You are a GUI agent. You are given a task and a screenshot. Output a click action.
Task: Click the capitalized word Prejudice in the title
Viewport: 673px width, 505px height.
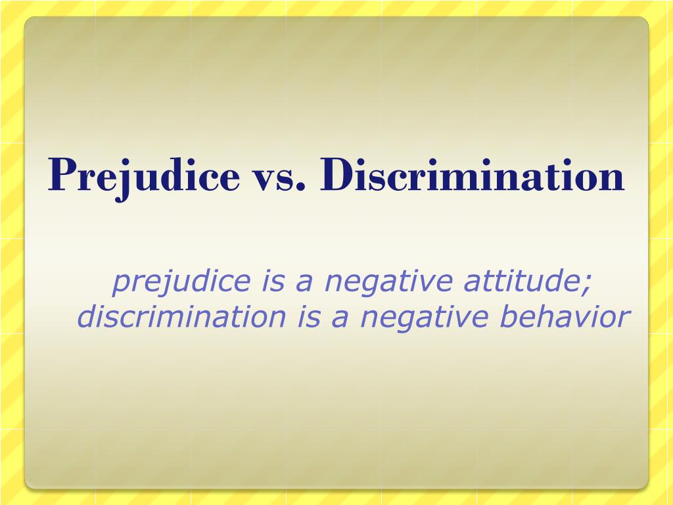click(x=144, y=176)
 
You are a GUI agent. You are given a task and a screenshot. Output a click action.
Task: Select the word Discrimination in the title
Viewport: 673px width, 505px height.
click(x=473, y=176)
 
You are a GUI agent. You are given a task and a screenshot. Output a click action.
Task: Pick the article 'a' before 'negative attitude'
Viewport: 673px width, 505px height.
click(x=303, y=282)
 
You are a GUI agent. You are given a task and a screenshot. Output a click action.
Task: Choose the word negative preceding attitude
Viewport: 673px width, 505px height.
click(x=388, y=283)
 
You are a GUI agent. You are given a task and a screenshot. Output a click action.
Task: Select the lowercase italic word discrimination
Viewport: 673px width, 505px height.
click(x=181, y=317)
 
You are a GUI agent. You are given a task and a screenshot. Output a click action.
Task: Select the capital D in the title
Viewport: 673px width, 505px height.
click(x=336, y=175)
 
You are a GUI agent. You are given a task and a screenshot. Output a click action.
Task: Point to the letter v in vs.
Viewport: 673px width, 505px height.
click(x=264, y=179)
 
